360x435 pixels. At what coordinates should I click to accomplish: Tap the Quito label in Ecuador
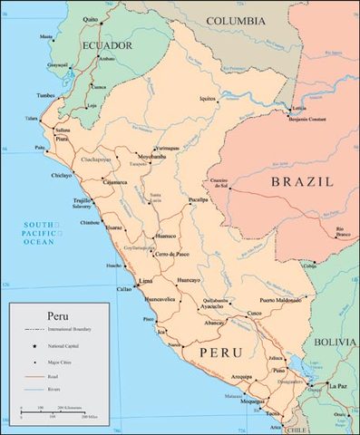point(89,18)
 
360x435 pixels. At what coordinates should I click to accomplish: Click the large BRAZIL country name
point(301,181)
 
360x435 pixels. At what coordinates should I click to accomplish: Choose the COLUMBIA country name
point(236,20)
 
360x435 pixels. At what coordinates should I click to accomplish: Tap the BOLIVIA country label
point(336,342)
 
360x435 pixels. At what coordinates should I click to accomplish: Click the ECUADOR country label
point(108,44)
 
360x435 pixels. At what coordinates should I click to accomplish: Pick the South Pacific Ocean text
point(43,233)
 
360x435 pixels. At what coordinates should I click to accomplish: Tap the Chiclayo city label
point(62,175)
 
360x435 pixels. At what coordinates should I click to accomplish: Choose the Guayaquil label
point(57,65)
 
